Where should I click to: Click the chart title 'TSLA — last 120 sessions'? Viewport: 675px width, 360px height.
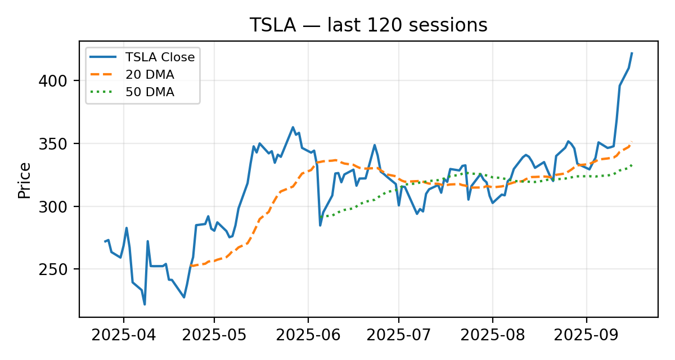click(368, 25)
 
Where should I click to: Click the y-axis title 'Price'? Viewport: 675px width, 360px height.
click(24, 180)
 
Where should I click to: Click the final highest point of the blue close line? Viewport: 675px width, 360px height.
click(632, 53)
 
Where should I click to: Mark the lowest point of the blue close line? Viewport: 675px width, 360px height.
click(145, 304)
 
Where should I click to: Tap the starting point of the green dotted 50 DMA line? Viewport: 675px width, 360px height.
click(321, 217)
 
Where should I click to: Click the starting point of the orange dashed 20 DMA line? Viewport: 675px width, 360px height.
click(190, 265)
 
